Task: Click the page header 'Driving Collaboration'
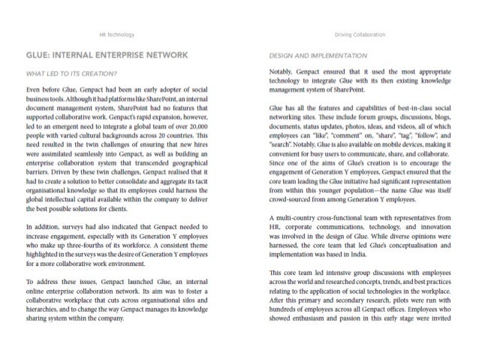363,35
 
